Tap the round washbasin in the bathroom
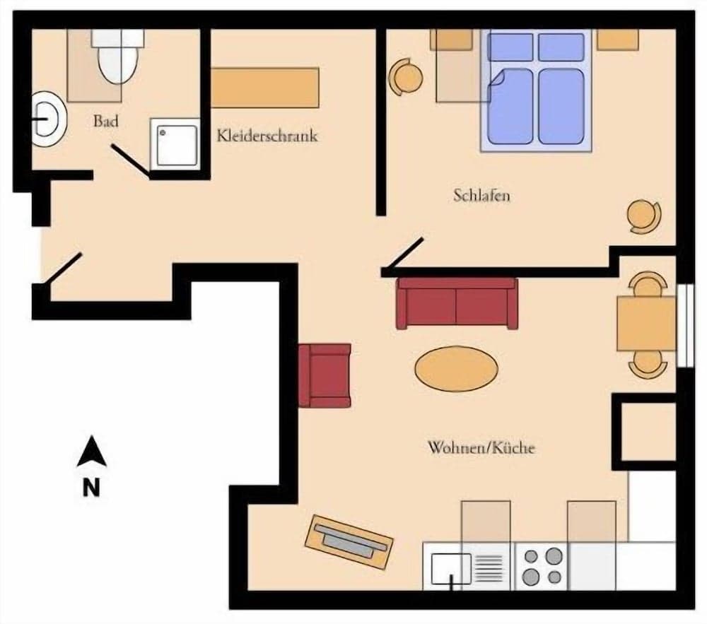pos(48,119)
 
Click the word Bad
pos(105,122)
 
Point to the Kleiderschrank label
pos(267,136)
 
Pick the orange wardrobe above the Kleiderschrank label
pos(265,88)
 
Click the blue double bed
pos(536,92)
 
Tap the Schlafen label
pos(481,196)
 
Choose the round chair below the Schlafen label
pos(644,216)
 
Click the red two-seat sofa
pos(457,303)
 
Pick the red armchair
pos(325,375)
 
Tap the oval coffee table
pos(456,369)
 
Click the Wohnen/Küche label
pos(481,448)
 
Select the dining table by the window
pos(645,324)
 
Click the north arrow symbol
pos(91,452)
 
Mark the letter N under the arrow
pos(90,488)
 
